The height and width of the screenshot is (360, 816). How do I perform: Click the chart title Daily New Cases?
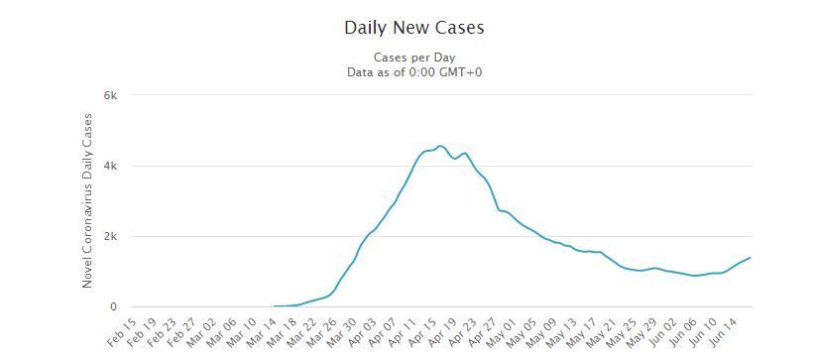[x=414, y=28]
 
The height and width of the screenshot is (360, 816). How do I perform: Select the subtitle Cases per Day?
[x=414, y=58]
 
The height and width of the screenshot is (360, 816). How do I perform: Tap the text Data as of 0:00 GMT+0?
[x=414, y=72]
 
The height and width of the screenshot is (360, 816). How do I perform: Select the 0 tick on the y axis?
[x=113, y=306]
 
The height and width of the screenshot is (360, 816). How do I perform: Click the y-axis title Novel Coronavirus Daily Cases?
[x=87, y=200]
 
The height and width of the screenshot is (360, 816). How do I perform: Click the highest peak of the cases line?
[x=440, y=146]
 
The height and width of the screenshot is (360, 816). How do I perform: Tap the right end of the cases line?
[x=750, y=258]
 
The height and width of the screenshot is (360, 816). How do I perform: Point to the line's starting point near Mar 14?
[x=274, y=306]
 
